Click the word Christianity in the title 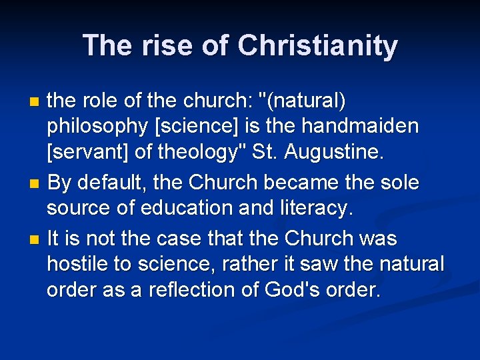point(317,46)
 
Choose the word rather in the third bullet point(255,265)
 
